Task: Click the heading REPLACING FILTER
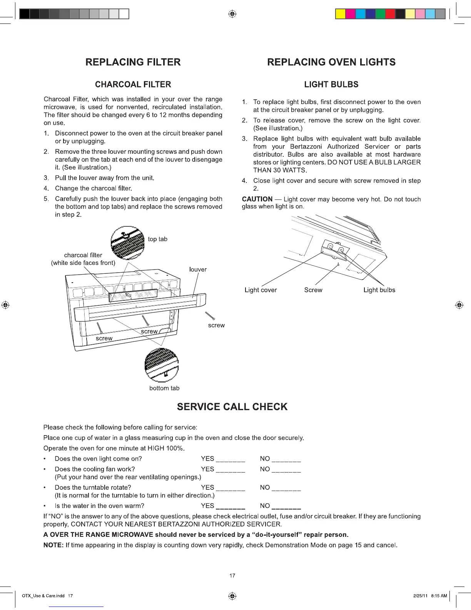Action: [133, 62]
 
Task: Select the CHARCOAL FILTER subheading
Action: [133, 84]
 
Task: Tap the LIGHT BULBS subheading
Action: [331, 84]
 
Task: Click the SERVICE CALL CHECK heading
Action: [232, 407]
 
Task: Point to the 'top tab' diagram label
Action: [157, 239]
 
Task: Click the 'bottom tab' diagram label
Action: [164, 388]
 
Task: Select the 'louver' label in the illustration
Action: [198, 270]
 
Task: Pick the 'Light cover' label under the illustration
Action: [261, 290]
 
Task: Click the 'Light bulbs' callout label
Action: [379, 290]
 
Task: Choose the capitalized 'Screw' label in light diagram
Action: [313, 290]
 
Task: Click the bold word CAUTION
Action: [257, 199]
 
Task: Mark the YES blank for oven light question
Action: [230, 459]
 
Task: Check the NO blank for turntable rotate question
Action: [286, 488]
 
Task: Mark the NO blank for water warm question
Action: [286, 506]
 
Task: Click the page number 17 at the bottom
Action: [232, 576]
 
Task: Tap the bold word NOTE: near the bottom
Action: [53, 545]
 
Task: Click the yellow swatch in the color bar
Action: [340, 14]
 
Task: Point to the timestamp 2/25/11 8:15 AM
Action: [430, 596]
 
